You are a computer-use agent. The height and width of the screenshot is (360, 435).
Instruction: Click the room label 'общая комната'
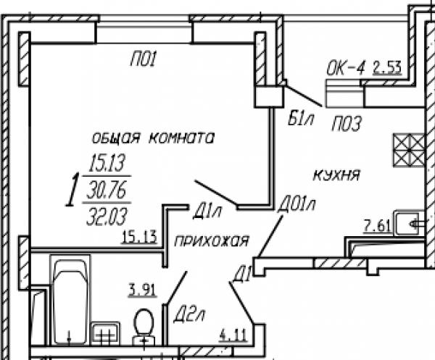153,138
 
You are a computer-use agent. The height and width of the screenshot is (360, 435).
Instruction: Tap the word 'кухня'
336,175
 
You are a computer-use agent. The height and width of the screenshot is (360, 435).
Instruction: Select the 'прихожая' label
212,241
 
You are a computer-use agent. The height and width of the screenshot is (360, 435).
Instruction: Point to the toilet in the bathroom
144,327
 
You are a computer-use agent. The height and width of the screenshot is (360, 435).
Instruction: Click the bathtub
70,301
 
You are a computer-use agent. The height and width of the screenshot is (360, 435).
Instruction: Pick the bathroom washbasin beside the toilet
105,333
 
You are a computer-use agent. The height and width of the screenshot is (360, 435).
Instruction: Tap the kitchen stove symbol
409,150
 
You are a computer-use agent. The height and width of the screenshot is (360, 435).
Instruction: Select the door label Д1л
207,212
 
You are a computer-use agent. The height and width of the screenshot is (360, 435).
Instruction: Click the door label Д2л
188,315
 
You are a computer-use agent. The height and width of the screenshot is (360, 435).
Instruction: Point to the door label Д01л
297,205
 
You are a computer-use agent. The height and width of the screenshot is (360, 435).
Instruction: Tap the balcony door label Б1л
301,119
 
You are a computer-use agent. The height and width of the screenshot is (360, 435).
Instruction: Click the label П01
144,59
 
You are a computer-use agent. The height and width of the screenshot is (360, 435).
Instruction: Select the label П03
347,123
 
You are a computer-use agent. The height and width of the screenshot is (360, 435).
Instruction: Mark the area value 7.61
377,226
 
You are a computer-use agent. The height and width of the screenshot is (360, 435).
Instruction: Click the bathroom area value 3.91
142,290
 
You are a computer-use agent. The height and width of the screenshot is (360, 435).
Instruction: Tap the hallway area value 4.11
233,335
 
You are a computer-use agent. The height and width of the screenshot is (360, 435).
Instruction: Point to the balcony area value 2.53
387,67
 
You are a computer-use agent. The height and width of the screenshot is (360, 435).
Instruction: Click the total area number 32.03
107,217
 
